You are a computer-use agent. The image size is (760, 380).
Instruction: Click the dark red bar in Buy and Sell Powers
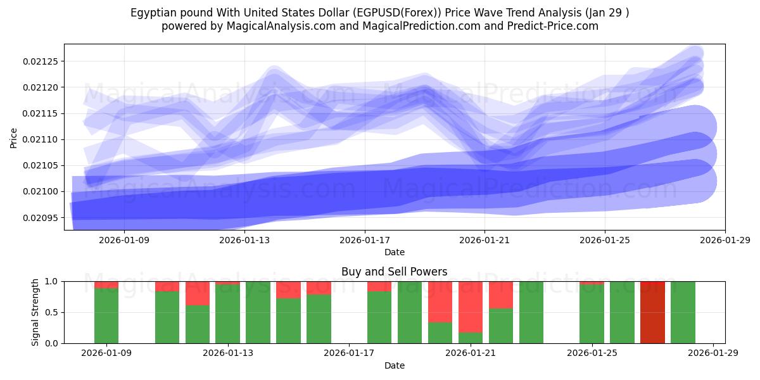652,312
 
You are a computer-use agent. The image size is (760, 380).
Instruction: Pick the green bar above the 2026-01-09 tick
106,315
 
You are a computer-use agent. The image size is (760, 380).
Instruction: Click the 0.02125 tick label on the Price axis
39,61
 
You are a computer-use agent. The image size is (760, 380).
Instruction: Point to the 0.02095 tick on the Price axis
39,218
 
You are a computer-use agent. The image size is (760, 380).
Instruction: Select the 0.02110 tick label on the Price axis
39,139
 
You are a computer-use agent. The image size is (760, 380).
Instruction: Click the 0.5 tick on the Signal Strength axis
50,312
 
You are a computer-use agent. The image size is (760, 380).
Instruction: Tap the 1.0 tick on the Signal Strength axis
50,281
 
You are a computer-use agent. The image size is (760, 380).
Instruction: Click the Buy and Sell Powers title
394,272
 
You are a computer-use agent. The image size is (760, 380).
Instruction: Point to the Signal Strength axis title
35,312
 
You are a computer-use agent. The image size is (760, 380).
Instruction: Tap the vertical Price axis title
14,137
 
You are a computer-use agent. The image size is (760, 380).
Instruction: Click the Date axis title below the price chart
394,252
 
